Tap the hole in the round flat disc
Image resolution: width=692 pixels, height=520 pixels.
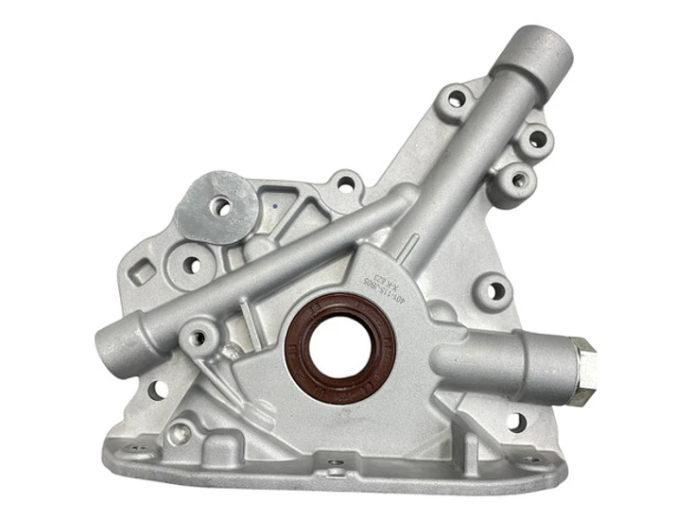point(221,205)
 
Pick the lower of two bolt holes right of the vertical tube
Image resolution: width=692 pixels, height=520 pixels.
point(518,177)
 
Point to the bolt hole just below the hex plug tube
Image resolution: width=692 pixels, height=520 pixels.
point(515,422)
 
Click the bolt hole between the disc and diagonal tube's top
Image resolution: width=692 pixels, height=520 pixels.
point(346,185)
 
